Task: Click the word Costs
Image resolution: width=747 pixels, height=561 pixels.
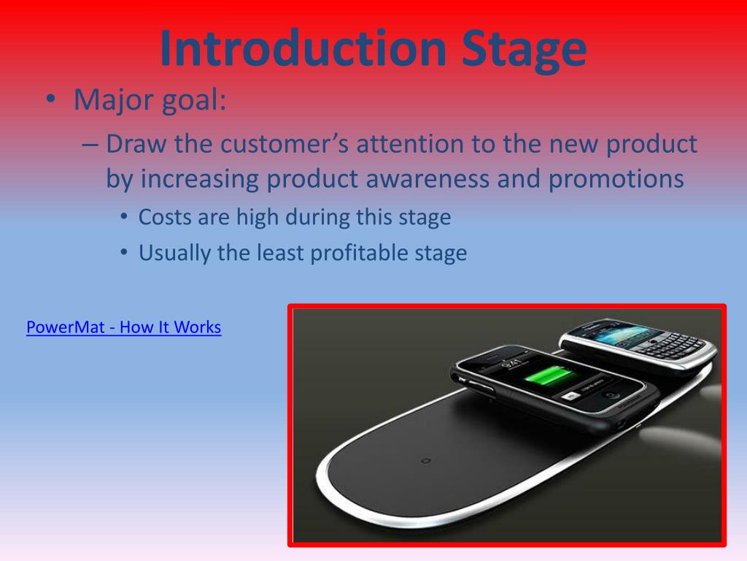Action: pos(165,217)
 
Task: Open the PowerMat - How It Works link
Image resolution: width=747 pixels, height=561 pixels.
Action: pos(123,327)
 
